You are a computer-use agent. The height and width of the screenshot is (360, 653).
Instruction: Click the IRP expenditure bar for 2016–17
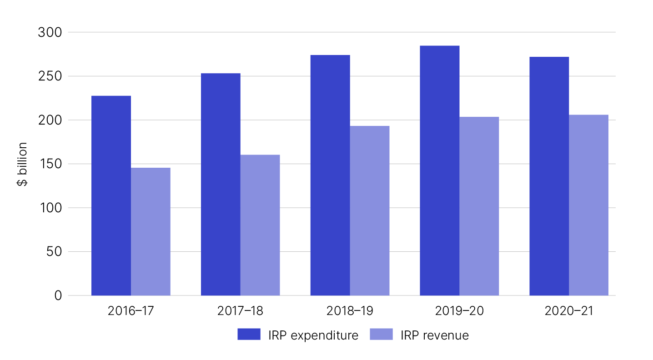tap(111, 195)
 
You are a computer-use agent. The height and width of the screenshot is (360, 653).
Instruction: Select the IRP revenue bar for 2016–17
tap(151, 231)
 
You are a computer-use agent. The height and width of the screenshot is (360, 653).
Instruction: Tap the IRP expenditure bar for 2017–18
tap(221, 184)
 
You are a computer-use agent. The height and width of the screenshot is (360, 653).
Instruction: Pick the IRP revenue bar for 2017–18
tap(260, 225)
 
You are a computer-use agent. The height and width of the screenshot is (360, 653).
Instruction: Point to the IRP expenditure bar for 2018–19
tap(330, 175)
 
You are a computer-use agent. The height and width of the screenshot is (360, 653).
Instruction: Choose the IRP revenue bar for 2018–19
tap(370, 210)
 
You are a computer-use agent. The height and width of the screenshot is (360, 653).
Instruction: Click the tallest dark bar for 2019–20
tap(440, 170)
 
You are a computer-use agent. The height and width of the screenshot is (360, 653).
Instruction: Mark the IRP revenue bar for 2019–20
tap(479, 206)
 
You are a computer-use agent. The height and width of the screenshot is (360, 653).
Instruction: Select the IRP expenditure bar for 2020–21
tap(549, 176)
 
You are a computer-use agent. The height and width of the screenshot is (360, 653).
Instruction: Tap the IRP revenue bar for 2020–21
tap(589, 205)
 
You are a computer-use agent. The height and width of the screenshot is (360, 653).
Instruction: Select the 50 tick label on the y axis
tap(54, 252)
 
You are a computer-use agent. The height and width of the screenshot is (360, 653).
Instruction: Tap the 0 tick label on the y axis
tap(58, 296)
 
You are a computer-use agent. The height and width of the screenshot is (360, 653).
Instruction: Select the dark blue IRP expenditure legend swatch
tap(249, 335)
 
